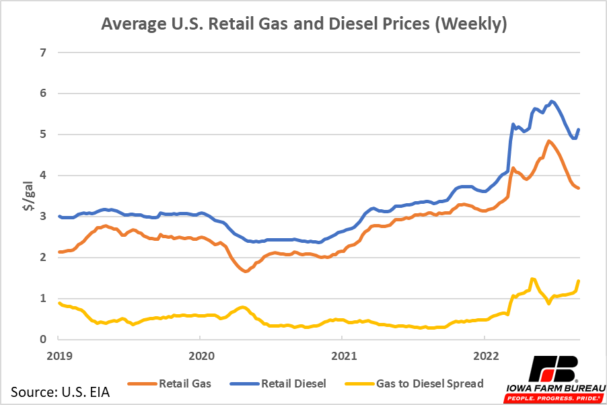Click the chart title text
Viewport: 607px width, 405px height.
pyautogui.click(x=303, y=24)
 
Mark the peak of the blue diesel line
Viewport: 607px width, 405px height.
pyautogui.click(x=552, y=102)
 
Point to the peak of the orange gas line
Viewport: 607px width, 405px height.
pyautogui.click(x=549, y=141)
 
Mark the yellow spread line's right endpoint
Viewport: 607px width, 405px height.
pyautogui.click(x=579, y=281)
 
